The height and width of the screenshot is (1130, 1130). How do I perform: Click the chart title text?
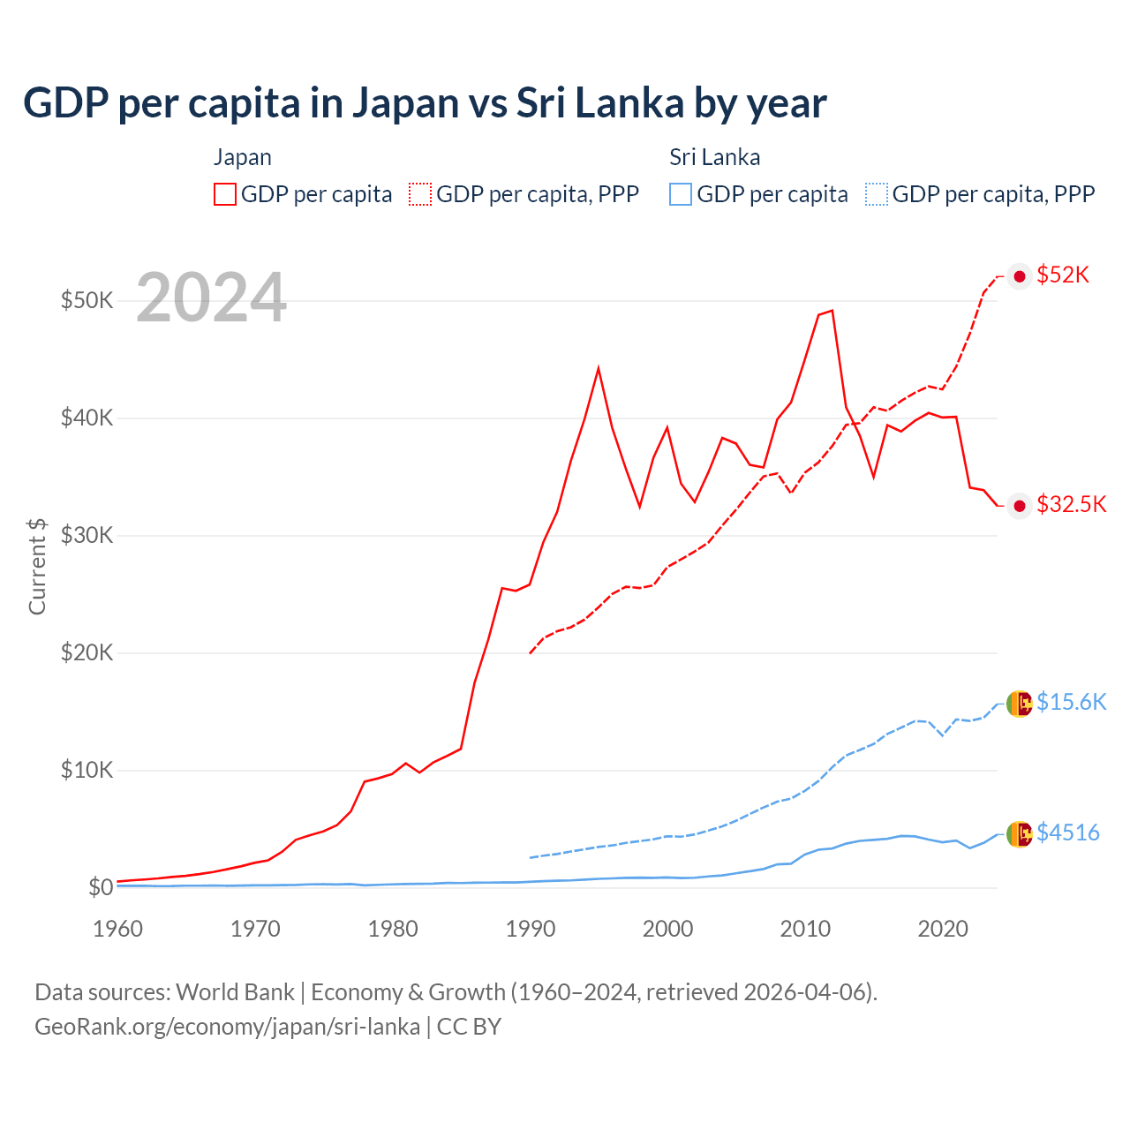pyautogui.click(x=425, y=103)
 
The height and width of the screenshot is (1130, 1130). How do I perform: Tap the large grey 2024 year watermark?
pyautogui.click(x=211, y=298)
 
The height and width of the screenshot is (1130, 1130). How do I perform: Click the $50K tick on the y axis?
pyautogui.click(x=87, y=300)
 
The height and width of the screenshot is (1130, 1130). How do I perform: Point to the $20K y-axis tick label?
pyautogui.click(x=87, y=652)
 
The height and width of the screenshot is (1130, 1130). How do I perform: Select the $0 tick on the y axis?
pyautogui.click(x=101, y=887)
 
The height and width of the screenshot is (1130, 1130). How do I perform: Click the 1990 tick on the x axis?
pyautogui.click(x=531, y=929)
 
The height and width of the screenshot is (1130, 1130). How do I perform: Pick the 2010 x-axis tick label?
pyautogui.click(x=805, y=929)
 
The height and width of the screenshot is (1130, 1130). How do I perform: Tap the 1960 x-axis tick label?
pyautogui.click(x=118, y=929)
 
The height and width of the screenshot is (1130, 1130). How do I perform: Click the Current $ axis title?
pyautogui.click(x=37, y=566)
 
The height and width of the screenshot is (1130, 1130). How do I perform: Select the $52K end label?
pyautogui.click(x=1063, y=275)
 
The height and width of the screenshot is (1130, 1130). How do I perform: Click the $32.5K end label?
pyautogui.click(x=1071, y=504)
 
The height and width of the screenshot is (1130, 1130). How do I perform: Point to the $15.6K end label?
pyautogui.click(x=1071, y=702)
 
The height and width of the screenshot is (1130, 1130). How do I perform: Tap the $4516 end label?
pyautogui.click(x=1067, y=832)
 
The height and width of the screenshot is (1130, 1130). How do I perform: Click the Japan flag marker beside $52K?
pyautogui.click(x=1020, y=276)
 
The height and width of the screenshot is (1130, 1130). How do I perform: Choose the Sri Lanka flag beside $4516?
pyautogui.click(x=1020, y=833)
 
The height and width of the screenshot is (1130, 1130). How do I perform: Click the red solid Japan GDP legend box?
pyautogui.click(x=225, y=194)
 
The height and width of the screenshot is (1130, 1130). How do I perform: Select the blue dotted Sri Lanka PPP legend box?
pyautogui.click(x=877, y=194)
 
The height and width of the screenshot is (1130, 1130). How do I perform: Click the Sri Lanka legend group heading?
pyautogui.click(x=714, y=157)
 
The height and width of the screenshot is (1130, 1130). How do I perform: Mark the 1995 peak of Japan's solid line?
pyautogui.click(x=599, y=368)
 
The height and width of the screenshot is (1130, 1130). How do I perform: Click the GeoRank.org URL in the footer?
pyautogui.click(x=227, y=1027)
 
